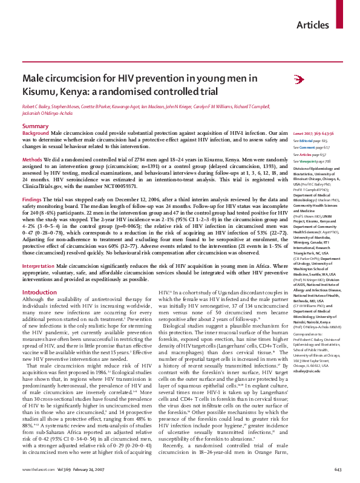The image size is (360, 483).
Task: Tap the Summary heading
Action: click(35, 126)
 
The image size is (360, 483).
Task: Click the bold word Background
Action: click(36, 132)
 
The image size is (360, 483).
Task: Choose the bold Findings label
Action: click(33, 198)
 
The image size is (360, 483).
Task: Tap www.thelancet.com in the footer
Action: click(38, 469)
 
